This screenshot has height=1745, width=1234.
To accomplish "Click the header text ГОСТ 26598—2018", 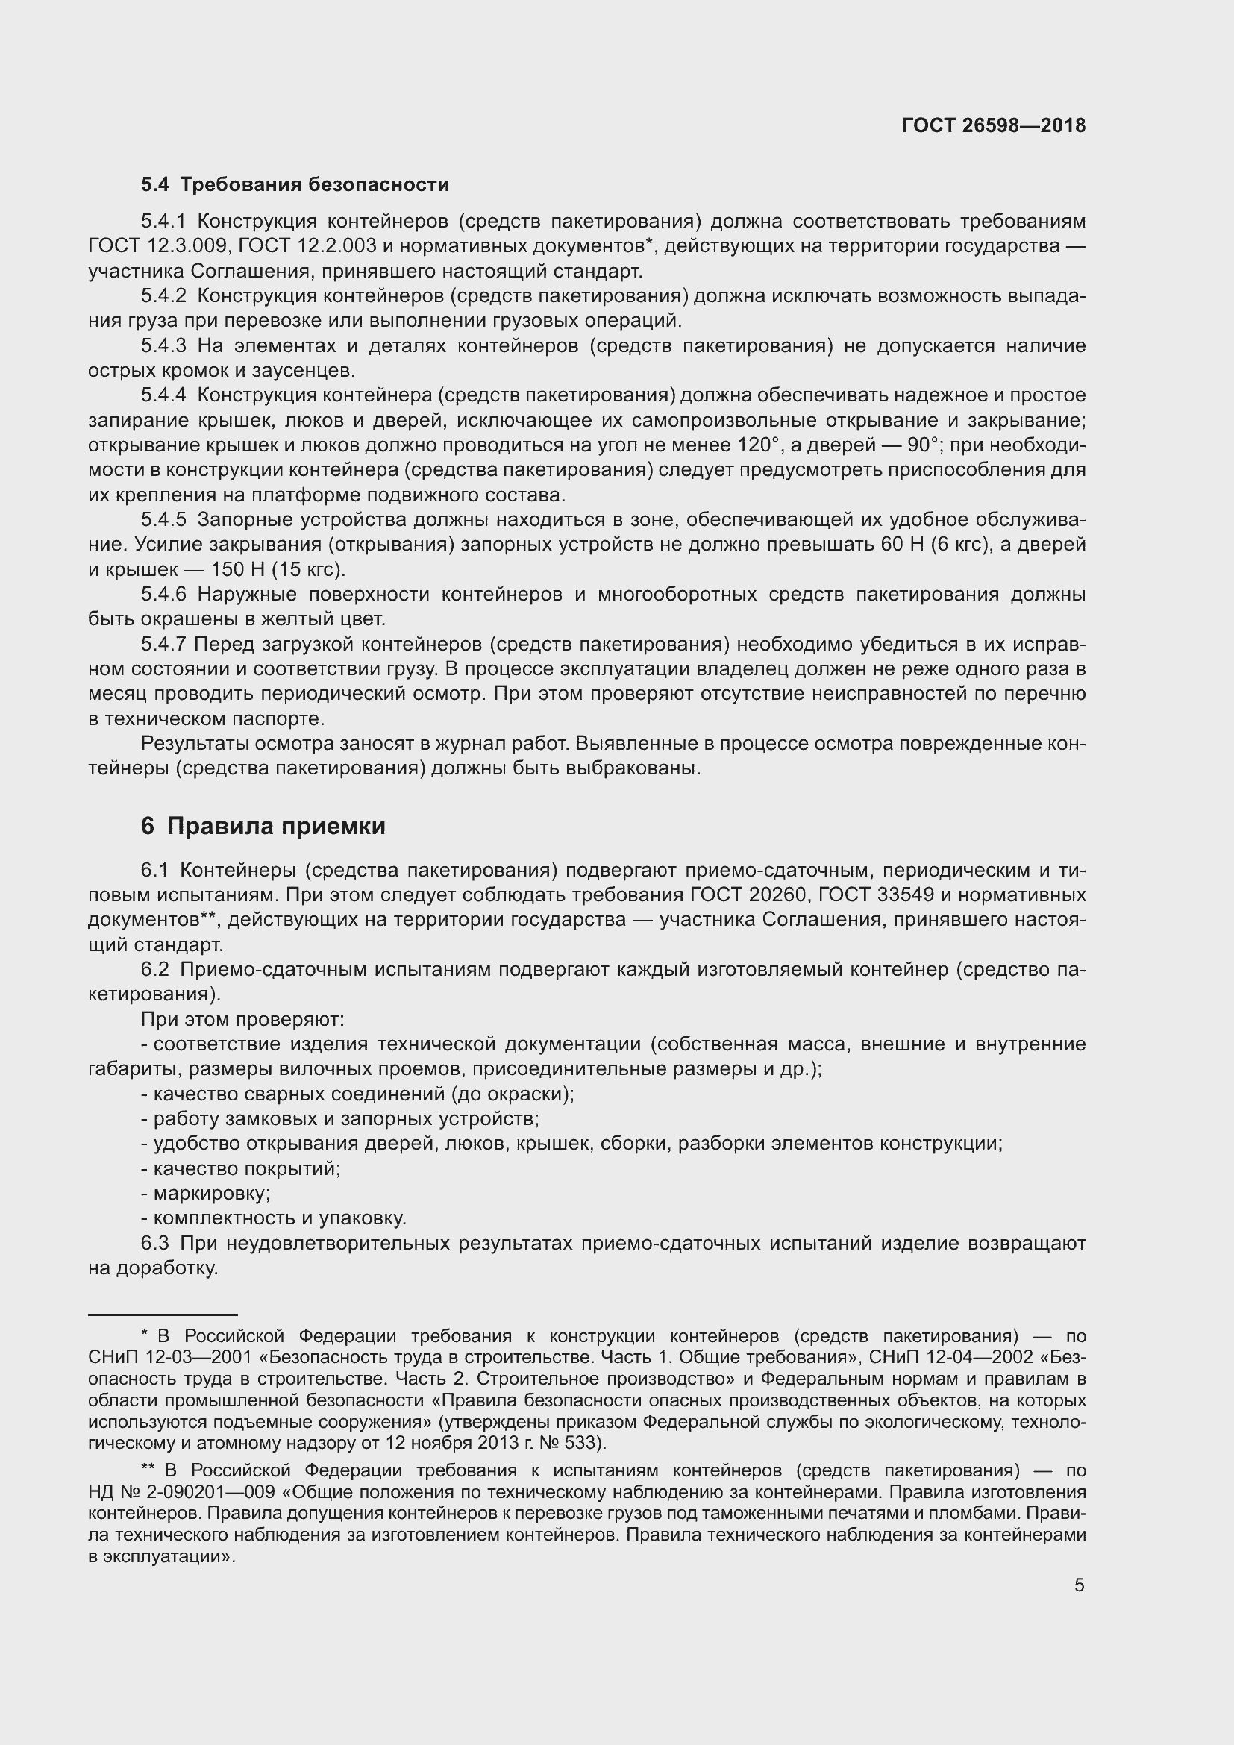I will (993, 125).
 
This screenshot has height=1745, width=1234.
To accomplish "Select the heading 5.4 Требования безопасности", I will (295, 185).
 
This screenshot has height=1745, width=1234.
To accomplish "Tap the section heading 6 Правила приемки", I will (263, 826).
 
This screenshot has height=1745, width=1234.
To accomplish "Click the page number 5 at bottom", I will (1079, 1585).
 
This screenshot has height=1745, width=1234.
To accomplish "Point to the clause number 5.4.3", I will (163, 347).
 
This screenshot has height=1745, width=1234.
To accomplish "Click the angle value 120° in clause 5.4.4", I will (757, 445).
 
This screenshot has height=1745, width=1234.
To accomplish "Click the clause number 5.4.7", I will (163, 645).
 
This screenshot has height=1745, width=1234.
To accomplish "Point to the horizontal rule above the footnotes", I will (163, 1314).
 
